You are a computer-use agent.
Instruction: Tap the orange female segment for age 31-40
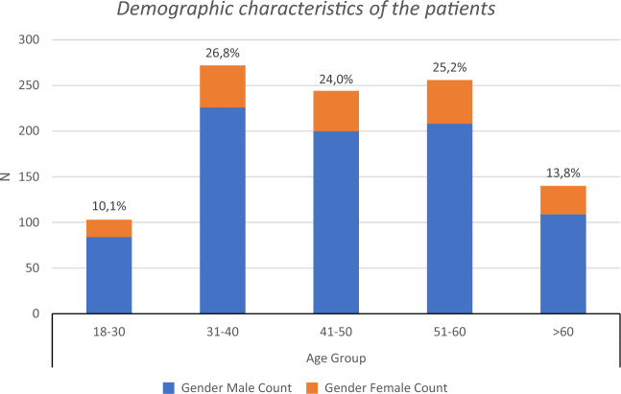click(222, 86)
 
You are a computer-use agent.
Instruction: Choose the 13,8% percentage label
click(561, 174)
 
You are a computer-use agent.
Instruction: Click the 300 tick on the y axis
click(30, 39)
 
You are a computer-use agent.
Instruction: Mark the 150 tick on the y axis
click(30, 176)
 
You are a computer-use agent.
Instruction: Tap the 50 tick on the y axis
click(33, 268)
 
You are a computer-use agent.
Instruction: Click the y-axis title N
click(9, 176)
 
